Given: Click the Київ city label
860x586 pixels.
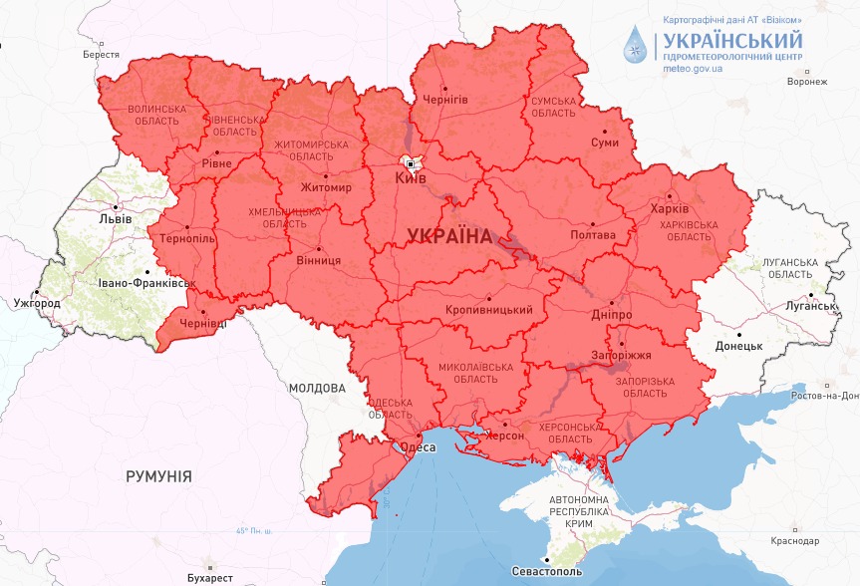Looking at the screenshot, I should pos(412,177).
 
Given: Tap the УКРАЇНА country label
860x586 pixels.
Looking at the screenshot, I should pos(449,236).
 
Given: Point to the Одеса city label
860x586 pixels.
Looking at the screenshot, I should pos(417,447).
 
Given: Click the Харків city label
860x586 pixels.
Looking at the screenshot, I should pos(669,209).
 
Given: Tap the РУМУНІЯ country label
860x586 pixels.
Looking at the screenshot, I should pos(158,476).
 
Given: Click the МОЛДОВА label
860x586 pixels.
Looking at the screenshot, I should pos(317,387).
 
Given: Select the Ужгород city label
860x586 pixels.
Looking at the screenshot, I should pos(37,302).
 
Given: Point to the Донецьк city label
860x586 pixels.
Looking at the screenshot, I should pos(738,347).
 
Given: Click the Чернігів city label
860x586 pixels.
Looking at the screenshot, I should pos(445,101).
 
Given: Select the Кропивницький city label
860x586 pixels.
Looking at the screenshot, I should pos(488,310).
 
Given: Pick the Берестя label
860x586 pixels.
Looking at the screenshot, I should pos(102,55).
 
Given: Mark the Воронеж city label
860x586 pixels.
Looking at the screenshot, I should pos(806,82).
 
